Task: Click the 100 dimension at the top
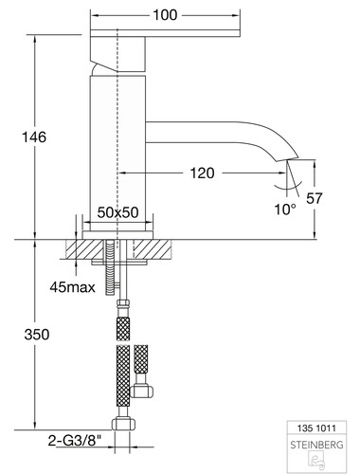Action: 165,15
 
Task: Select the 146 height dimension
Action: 34,137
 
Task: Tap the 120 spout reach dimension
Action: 202,173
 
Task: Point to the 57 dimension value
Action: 315,198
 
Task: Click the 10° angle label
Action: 285,210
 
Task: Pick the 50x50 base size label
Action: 117,212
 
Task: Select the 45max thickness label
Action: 72,287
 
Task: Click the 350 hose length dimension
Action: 37,335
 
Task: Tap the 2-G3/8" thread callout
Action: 75,441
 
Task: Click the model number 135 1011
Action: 316,428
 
